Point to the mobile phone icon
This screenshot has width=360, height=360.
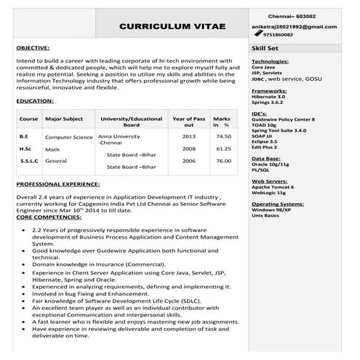point(258,34)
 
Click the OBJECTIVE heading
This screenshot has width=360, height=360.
point(33,47)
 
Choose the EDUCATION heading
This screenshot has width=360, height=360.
point(34,100)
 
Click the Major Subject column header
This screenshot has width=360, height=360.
point(64,118)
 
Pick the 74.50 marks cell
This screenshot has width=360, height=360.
point(223,136)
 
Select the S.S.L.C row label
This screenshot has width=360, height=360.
point(30,161)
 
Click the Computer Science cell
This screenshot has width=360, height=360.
point(68,137)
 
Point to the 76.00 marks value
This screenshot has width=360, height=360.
point(223,161)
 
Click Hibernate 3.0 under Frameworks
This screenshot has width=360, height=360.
point(268,97)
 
